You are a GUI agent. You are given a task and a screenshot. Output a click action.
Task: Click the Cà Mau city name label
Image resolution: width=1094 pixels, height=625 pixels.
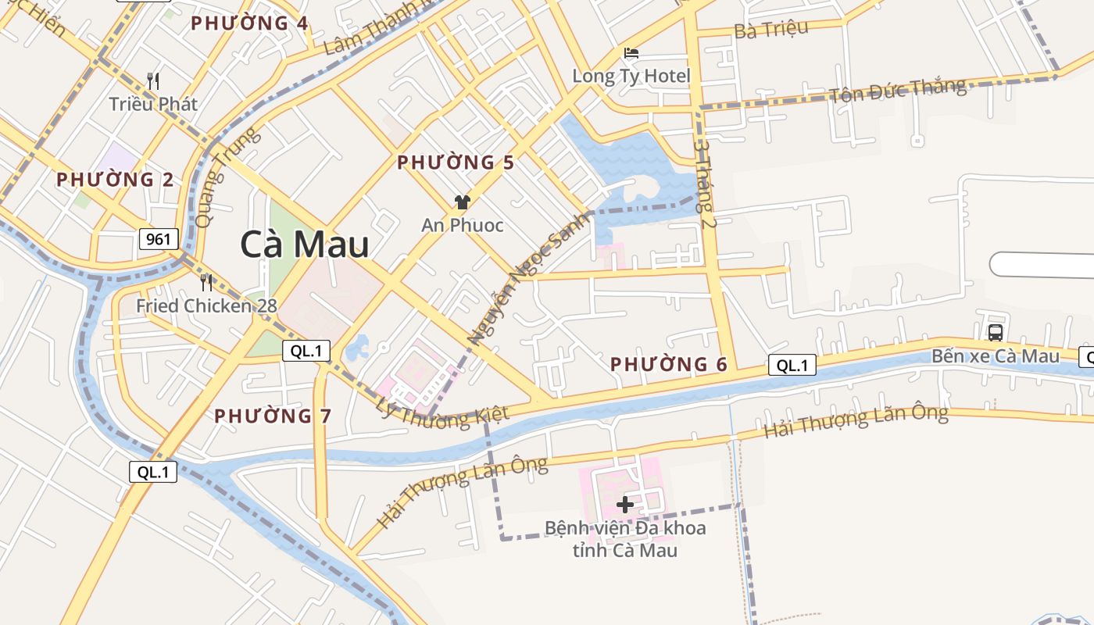click(x=305, y=245)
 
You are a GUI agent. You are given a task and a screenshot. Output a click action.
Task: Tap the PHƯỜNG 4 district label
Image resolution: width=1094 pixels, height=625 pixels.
click(x=250, y=23)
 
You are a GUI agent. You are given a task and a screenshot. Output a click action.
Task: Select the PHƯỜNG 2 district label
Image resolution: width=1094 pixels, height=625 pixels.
click(x=115, y=180)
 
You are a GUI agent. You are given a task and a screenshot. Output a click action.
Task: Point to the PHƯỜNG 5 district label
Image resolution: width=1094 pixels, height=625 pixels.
click(x=456, y=162)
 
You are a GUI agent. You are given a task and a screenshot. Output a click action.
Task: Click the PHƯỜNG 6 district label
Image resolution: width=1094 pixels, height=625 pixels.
click(x=669, y=364)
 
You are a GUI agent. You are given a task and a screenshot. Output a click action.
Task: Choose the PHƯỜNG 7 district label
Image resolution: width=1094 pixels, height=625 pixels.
click(x=273, y=416)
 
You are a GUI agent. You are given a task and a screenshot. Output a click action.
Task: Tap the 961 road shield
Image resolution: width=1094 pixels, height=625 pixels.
click(x=159, y=238)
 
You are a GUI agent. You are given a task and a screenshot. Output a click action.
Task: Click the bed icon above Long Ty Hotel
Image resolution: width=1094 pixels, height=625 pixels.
click(x=631, y=53)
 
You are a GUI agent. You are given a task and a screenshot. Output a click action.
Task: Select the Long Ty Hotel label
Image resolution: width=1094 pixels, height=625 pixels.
click(x=631, y=76)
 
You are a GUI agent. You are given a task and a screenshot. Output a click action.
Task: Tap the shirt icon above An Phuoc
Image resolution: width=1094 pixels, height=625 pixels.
click(x=462, y=202)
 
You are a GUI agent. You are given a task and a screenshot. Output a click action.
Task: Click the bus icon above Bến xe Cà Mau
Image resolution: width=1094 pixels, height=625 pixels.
click(x=996, y=332)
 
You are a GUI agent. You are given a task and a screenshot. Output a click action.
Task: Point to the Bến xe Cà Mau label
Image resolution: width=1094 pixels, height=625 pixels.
click(x=996, y=356)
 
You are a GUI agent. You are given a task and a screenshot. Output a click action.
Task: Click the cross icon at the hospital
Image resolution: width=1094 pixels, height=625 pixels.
click(x=624, y=504)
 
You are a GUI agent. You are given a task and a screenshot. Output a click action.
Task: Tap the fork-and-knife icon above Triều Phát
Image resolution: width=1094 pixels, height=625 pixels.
click(x=153, y=80)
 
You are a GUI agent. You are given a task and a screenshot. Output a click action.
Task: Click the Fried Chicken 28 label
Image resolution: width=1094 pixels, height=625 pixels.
click(x=206, y=305)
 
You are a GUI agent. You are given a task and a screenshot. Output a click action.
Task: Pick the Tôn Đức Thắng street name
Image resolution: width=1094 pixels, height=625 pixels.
click(x=897, y=91)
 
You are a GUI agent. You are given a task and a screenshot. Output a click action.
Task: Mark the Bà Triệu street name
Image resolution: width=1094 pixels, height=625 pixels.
click(x=770, y=29)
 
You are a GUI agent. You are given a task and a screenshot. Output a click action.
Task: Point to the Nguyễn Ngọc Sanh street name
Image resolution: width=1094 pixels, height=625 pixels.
click(x=528, y=278)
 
